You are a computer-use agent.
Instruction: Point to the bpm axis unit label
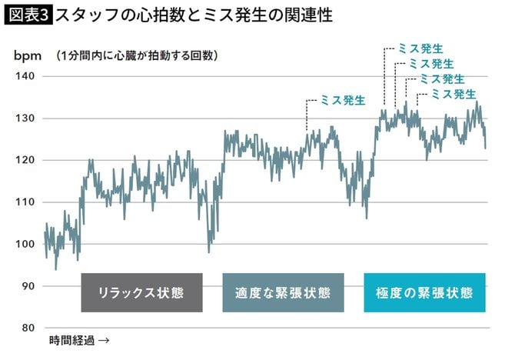pyautogui.click(x=28, y=55)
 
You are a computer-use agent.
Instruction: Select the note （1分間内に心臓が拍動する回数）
pyautogui.click(x=136, y=55)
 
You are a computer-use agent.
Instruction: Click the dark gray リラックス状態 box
pyautogui.click(x=141, y=293)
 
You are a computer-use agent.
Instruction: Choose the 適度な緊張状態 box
pyautogui.click(x=283, y=293)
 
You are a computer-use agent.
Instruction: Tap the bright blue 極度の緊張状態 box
pyautogui.click(x=424, y=293)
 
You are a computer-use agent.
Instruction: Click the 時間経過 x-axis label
pyautogui.click(x=73, y=340)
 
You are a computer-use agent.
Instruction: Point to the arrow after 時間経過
pyautogui.click(x=105, y=340)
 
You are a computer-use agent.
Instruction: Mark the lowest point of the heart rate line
pyautogui.click(x=55, y=268)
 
